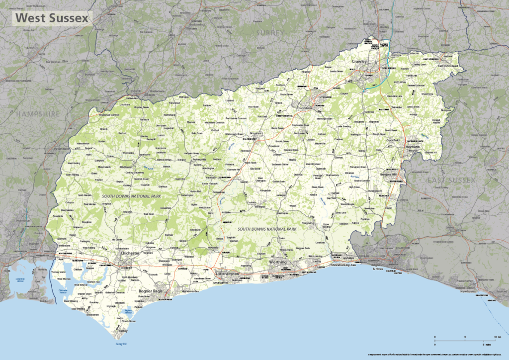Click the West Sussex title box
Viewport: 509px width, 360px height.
point(52,18)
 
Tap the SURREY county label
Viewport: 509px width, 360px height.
point(270,32)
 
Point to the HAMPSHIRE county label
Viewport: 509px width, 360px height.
point(38,114)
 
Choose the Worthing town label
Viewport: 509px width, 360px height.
point(278,262)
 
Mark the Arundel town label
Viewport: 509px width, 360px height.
point(214,247)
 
